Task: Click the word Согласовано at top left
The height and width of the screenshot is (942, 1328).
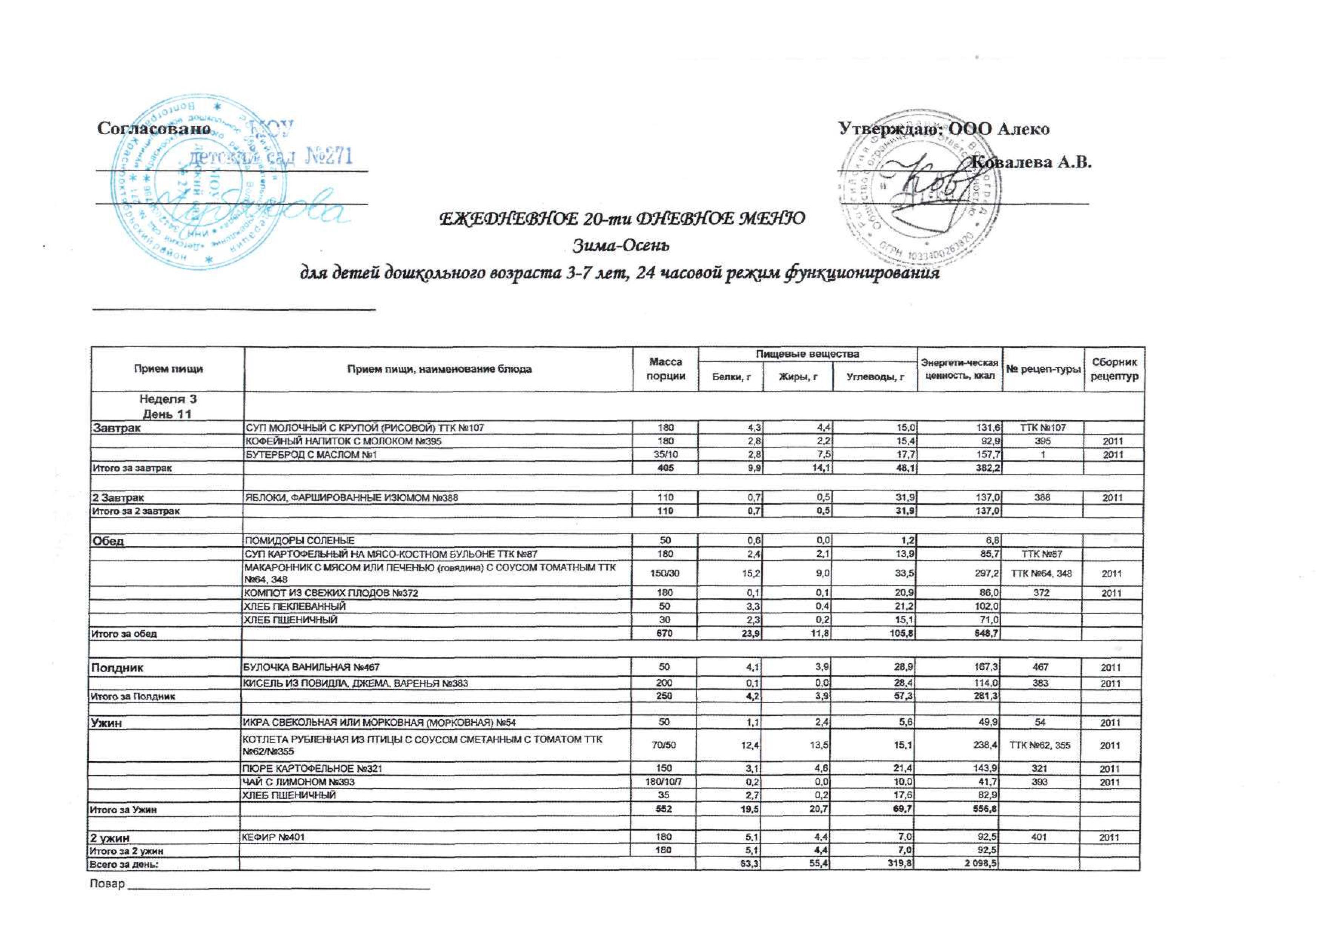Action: pos(153,128)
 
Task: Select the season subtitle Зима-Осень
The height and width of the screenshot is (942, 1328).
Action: pos(622,246)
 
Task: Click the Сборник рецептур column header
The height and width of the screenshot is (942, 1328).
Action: pos(1114,369)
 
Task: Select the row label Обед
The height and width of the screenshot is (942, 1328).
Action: pos(108,541)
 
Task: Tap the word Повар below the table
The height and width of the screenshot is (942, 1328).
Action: pos(107,884)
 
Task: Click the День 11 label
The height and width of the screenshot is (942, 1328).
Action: pos(167,413)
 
